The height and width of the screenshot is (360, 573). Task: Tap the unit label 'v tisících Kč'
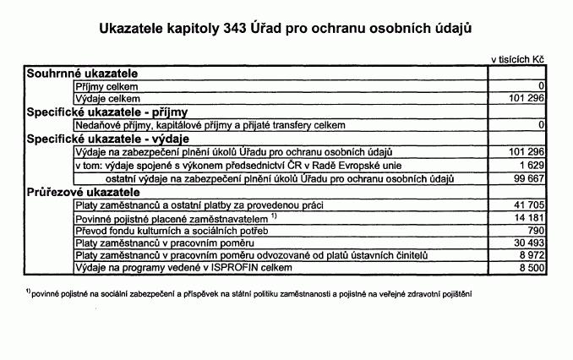pyautogui.click(x=517, y=60)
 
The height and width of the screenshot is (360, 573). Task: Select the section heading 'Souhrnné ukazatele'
pyautogui.click(x=81, y=74)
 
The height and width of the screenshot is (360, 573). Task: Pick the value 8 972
pyautogui.click(x=528, y=255)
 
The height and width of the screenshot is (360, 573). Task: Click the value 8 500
pyautogui.click(x=528, y=268)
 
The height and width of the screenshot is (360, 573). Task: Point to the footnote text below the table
pyautogui.click(x=248, y=294)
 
